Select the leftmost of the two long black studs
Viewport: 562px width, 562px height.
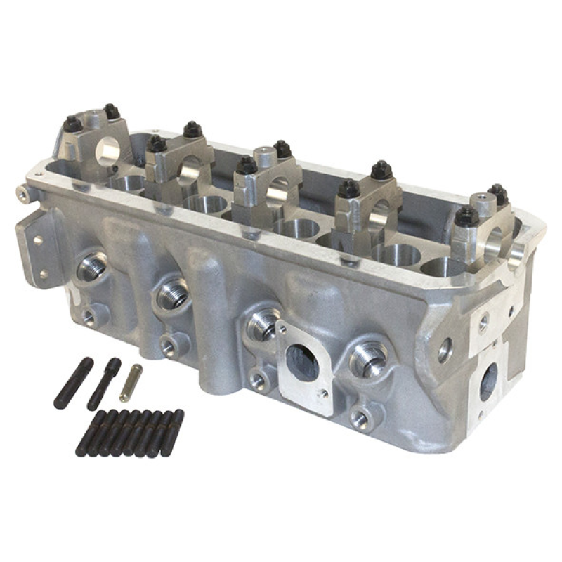(x=73, y=383)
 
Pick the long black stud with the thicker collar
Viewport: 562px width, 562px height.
(x=104, y=384)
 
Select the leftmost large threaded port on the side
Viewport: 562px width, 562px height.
(x=93, y=266)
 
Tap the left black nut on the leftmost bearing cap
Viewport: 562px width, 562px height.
(x=72, y=124)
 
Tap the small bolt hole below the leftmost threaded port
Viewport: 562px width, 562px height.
(x=89, y=317)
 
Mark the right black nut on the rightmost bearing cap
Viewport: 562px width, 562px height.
(x=497, y=194)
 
